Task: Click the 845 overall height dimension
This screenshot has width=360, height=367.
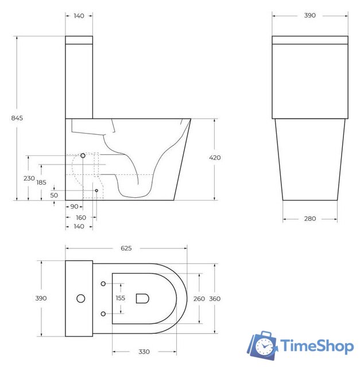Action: pos(17,118)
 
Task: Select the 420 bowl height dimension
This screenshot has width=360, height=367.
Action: pos(215,157)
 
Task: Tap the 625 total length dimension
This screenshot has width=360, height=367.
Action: pos(126,248)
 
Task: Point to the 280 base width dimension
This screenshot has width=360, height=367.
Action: pos(309,218)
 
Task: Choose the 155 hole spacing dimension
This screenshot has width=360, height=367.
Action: pos(120,298)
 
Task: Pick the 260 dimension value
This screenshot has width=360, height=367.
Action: pos(198,298)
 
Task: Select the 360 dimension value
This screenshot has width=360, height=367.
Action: pos(215,298)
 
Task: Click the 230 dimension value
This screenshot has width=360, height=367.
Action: pos(29,178)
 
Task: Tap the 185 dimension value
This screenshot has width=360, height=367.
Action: pos(42,182)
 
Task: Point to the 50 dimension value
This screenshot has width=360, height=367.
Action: pos(54,195)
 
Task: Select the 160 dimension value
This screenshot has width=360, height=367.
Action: pos(80,217)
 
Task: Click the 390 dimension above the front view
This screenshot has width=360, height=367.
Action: pos(309,16)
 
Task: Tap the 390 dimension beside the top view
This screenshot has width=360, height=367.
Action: pos(41,298)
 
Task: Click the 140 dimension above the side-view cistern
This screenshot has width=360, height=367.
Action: pos(79,16)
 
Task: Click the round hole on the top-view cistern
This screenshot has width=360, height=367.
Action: pos(81,298)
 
